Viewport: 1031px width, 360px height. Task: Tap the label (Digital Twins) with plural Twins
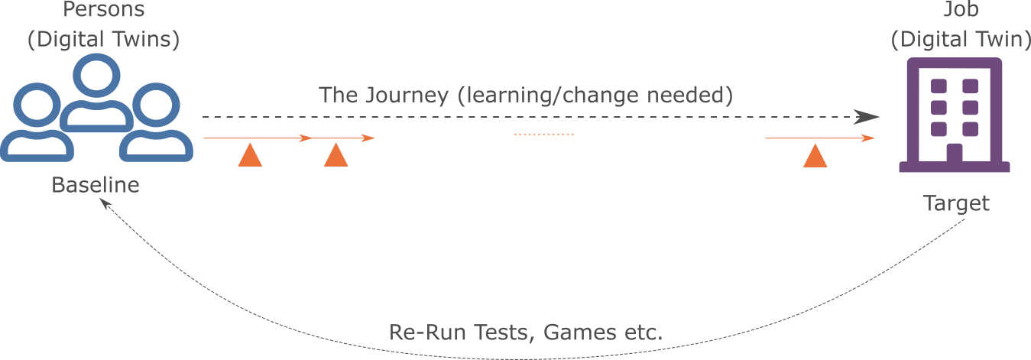[103, 40]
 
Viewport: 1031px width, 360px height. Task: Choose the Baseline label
[96, 185]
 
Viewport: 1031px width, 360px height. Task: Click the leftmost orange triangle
[250, 157]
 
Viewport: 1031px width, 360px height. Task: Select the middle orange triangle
[336, 157]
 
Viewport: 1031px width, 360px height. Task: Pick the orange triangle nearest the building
[815, 157]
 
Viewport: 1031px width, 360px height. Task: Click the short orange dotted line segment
[543, 135]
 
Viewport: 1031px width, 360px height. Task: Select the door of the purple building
[954, 154]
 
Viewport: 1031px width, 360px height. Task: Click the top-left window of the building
[939, 86]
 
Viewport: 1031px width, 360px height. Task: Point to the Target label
[956, 204]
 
